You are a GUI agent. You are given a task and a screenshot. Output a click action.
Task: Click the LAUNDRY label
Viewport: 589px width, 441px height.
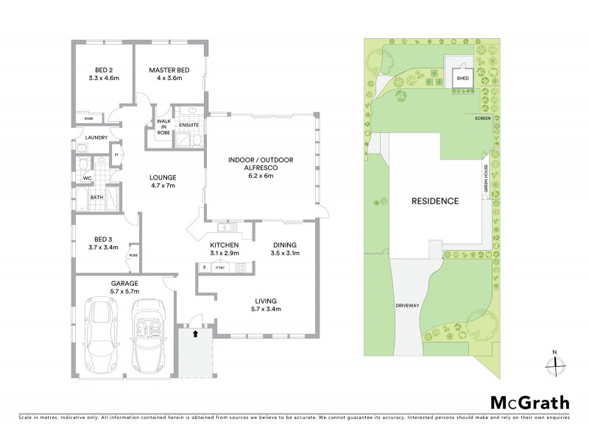pos(96,137)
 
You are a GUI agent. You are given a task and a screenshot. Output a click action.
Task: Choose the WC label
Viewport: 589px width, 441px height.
pos(88,178)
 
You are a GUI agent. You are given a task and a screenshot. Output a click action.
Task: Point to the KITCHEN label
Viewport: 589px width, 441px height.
pos(225,249)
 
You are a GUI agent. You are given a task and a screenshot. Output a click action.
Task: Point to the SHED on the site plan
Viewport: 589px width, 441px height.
pos(462,76)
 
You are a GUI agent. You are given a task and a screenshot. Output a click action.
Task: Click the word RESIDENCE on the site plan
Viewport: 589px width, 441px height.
pos(435,201)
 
